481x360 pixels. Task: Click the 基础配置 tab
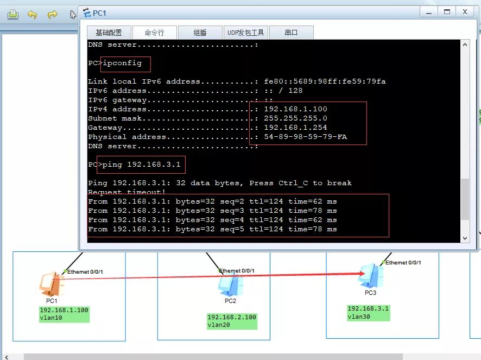tap(109, 33)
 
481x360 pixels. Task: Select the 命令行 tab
tap(154, 33)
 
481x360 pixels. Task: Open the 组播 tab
tap(200, 33)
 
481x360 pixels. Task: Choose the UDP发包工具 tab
tap(245, 33)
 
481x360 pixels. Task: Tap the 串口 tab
tap(291, 33)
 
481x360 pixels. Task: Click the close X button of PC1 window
tap(465, 11)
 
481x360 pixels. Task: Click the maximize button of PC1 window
tap(447, 11)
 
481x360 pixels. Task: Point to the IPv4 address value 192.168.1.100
tap(295, 109)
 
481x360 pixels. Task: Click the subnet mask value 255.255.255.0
tap(295, 118)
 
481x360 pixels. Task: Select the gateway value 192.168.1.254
tap(295, 128)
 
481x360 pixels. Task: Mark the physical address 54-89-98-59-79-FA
tap(305, 137)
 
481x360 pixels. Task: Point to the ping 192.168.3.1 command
tap(142, 164)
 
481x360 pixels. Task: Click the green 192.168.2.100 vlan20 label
tap(231, 321)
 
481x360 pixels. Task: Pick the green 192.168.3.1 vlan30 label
tap(369, 312)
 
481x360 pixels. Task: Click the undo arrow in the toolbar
tap(33, 15)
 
